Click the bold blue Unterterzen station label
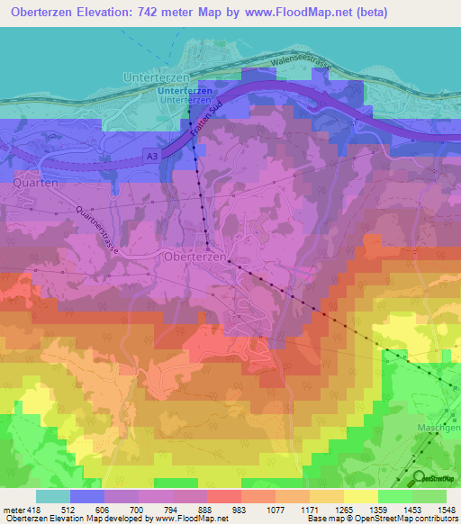click(185, 91)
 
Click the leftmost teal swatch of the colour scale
click(53, 495)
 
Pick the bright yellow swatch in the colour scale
click(361, 495)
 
